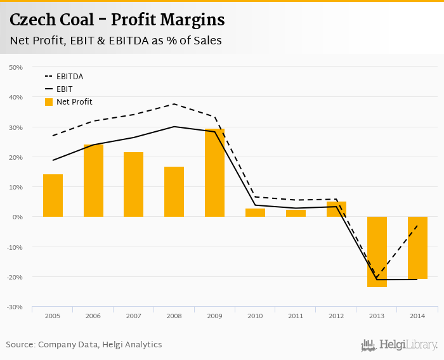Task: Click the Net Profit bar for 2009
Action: point(214,172)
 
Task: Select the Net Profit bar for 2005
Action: point(53,195)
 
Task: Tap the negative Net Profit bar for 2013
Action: point(377,252)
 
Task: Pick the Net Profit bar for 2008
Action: point(174,191)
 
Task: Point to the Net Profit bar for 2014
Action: point(417,248)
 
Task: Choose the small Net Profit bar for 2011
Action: point(296,213)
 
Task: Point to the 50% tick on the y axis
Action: point(15,67)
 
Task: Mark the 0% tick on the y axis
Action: point(17,217)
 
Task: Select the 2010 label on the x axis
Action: point(255,315)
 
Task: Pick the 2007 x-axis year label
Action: point(133,315)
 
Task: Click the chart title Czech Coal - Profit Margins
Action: point(117,20)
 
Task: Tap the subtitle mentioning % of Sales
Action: point(115,41)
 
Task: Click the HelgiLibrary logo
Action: point(399,345)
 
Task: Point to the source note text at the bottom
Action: point(84,345)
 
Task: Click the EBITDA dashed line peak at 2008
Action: point(174,104)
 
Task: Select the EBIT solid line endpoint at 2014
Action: point(417,280)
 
